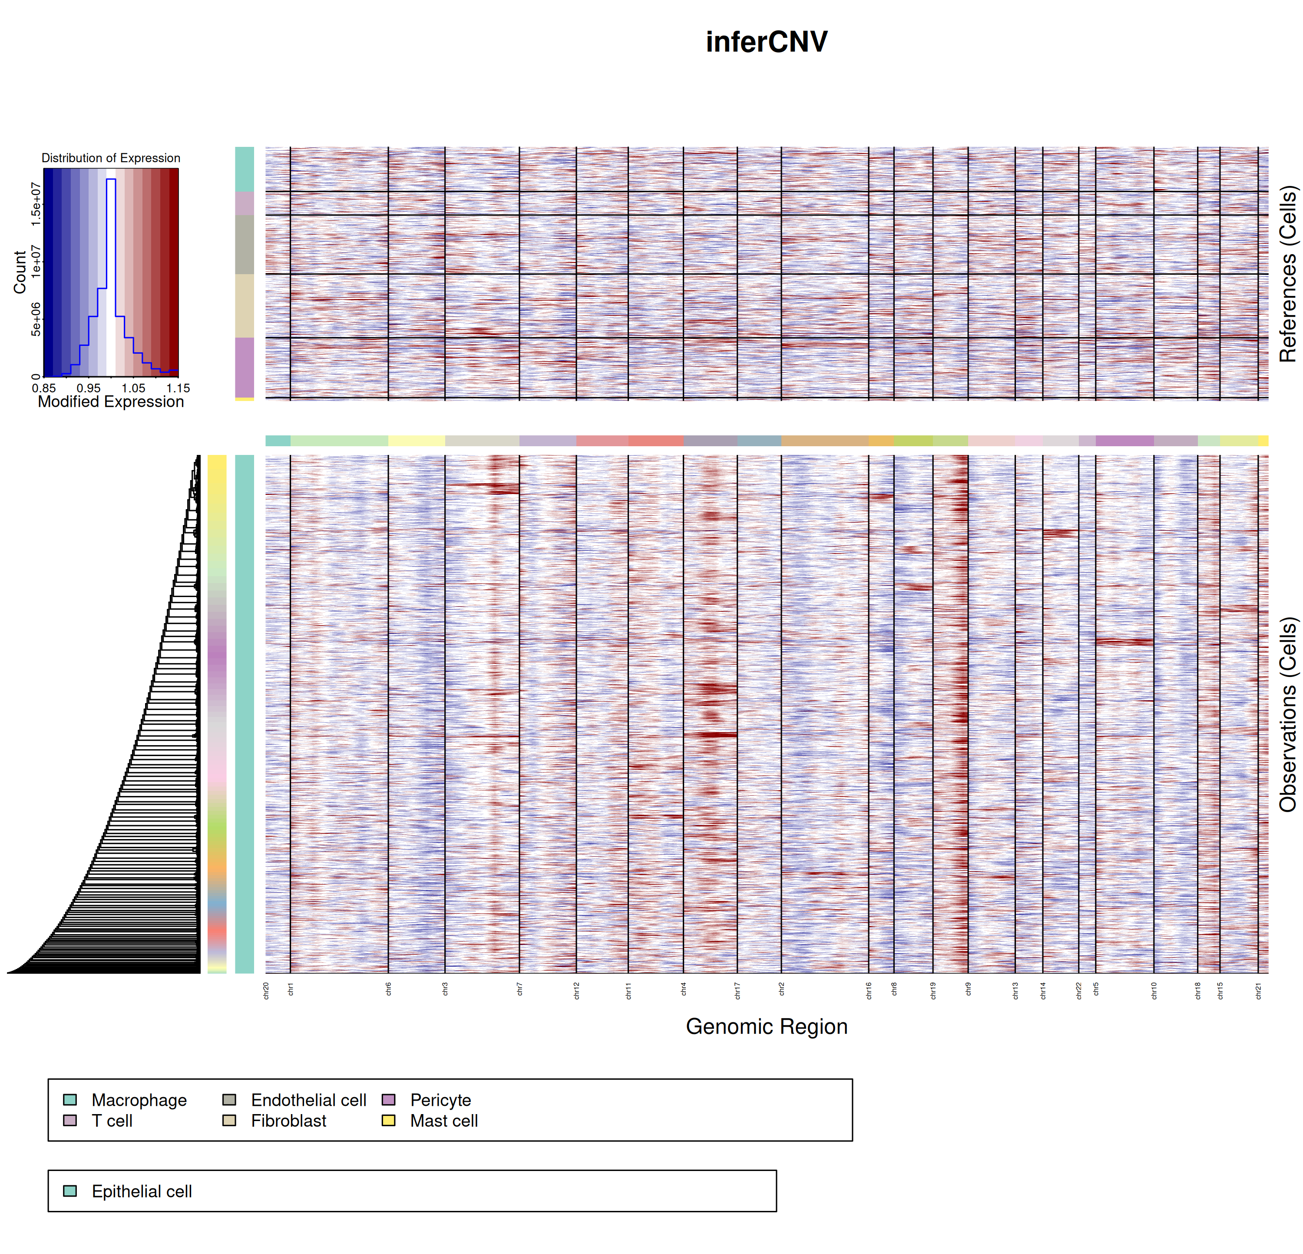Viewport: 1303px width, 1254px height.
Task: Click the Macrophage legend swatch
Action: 70,1100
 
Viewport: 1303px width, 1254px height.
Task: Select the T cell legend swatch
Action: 70,1120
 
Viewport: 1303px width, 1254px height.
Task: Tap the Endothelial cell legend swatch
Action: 229,1100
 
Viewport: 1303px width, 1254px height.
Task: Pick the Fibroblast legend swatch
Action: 229,1120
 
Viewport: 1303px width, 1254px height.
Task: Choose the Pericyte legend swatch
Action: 389,1100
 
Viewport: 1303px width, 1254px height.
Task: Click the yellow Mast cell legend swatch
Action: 389,1120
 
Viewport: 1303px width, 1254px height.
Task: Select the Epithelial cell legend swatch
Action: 70,1191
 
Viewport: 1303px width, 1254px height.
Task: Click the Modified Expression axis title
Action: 110,401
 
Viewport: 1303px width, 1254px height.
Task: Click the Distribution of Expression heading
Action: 110,158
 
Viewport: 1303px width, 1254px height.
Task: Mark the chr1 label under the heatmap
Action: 291,990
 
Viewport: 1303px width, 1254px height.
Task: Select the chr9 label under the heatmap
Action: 968,990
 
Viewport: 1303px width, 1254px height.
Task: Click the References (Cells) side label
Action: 1288,273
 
